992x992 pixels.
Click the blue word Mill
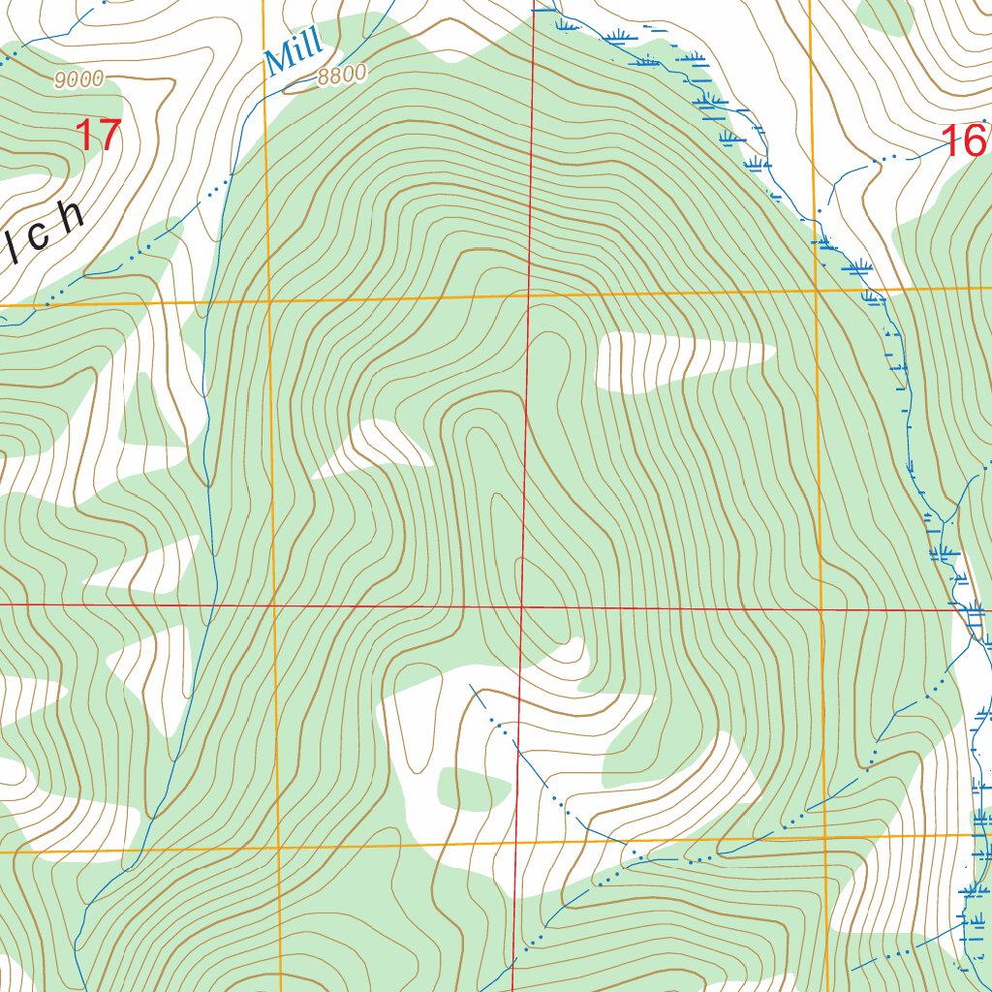pyautogui.click(x=294, y=54)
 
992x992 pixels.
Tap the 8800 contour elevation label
pyautogui.click(x=342, y=75)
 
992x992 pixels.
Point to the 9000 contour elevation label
pyautogui.click(x=78, y=80)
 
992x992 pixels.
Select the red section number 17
pyautogui.click(x=98, y=136)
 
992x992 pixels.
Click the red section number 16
pyautogui.click(x=966, y=141)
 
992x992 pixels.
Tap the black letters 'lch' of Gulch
pyautogui.click(x=44, y=229)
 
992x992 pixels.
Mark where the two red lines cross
pyautogui.click(x=522, y=606)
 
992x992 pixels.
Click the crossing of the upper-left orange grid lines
pyautogui.click(x=268, y=301)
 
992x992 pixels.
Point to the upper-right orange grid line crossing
pyautogui.click(x=817, y=290)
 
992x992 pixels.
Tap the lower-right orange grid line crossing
pyautogui.click(x=824, y=835)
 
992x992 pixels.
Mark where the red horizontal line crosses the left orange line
pyautogui.click(x=274, y=605)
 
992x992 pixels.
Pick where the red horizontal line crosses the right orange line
pyautogui.click(x=821, y=610)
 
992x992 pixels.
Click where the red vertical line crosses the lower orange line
pyautogui.click(x=514, y=841)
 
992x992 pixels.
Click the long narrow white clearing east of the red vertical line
pyautogui.click(x=678, y=360)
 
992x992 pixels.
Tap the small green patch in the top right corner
pyautogui.click(x=886, y=14)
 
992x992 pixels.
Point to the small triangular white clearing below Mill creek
pyautogui.click(x=373, y=449)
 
